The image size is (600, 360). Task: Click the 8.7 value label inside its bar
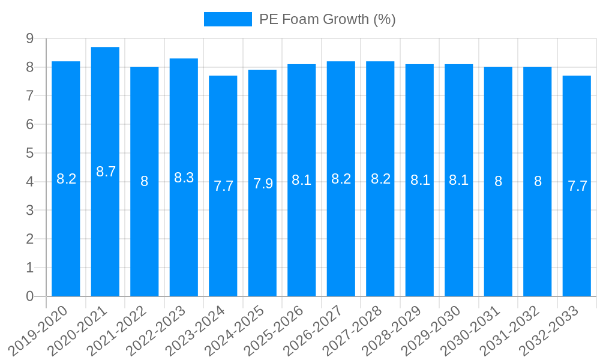[106, 172]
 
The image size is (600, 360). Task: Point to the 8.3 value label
[184, 178]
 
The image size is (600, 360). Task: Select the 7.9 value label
[263, 184]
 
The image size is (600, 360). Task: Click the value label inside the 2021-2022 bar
[145, 181]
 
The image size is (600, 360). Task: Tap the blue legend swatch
[227, 19]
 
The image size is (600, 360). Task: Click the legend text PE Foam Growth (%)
[327, 19]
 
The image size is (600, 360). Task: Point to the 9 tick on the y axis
[29, 38]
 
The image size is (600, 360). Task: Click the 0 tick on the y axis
[29, 296]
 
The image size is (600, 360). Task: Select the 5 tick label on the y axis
[29, 153]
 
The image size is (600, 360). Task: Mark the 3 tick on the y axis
[29, 211]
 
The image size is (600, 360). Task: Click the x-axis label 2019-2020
[39, 331]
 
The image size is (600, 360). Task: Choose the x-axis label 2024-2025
[236, 331]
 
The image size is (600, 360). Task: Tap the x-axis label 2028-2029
[393, 331]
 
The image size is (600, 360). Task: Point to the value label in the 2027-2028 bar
[380, 178]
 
